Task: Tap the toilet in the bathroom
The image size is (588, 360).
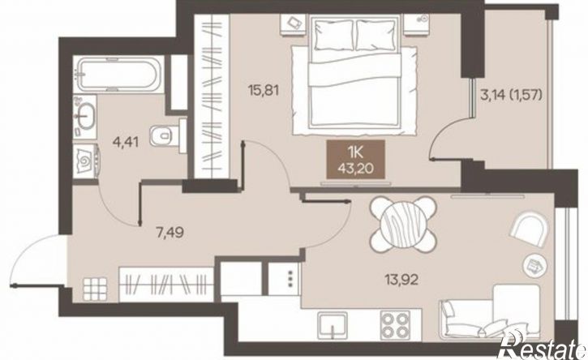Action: coord(168,135)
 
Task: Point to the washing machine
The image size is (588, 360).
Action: coord(86,160)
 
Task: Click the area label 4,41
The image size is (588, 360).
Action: coord(127,142)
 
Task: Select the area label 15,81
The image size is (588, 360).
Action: coord(264,90)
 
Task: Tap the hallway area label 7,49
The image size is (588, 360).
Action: coord(170,233)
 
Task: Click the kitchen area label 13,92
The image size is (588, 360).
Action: coord(401,279)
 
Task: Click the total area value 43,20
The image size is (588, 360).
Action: coord(355,169)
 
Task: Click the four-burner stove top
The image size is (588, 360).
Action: coord(395,325)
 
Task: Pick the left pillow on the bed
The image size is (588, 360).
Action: coord(334,35)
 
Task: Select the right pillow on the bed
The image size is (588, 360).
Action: coord(376,35)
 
